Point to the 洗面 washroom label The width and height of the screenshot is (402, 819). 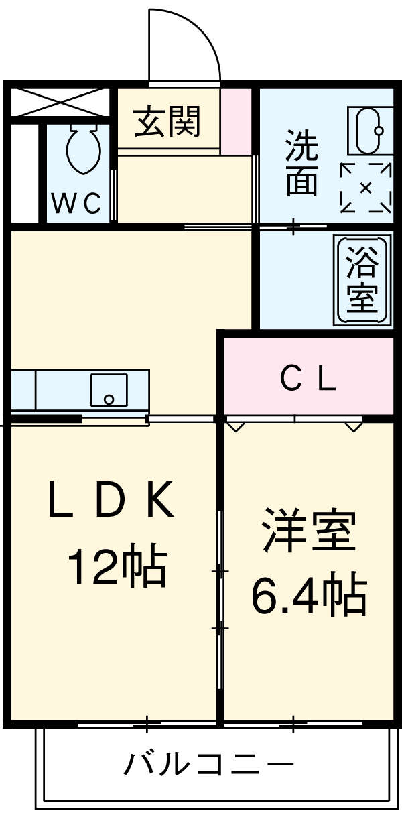tap(301, 162)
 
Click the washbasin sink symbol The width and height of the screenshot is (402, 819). tap(369, 131)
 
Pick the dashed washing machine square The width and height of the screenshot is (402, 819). tap(366, 188)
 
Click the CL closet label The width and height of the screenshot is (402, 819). tap(308, 381)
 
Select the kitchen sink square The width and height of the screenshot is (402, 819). tap(109, 390)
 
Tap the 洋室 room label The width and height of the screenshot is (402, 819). tap(308, 529)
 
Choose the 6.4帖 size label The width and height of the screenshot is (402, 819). tap(309, 595)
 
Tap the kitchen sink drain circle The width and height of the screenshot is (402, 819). tap(109, 400)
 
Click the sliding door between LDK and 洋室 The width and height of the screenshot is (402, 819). tap(219, 600)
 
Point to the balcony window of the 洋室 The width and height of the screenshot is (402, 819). tap(308, 724)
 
